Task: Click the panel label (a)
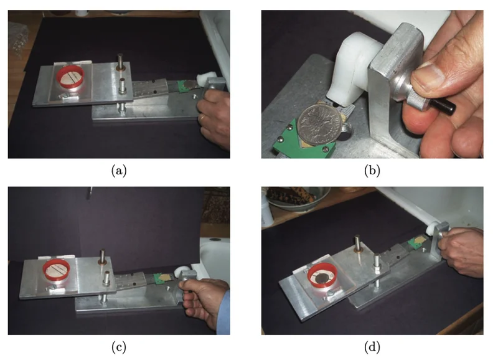(x=119, y=171)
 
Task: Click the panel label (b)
(x=372, y=171)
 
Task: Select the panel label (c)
(x=119, y=347)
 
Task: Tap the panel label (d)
(x=372, y=347)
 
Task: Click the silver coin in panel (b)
(x=321, y=125)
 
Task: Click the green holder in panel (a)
(x=182, y=87)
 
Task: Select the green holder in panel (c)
(x=158, y=278)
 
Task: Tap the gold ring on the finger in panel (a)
(x=202, y=118)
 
